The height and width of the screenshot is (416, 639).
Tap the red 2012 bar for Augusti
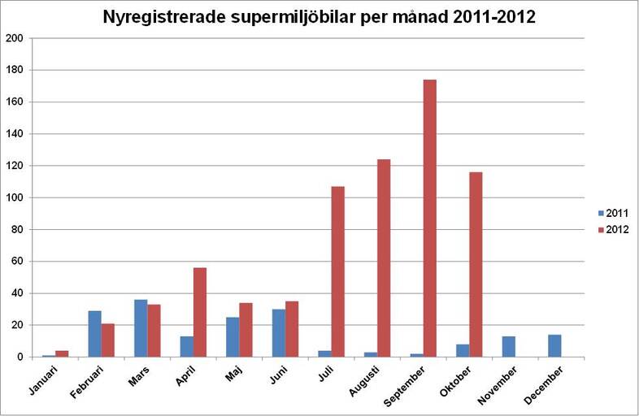(384, 258)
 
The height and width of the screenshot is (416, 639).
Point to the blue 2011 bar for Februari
(94, 334)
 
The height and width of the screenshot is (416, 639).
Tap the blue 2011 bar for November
(509, 346)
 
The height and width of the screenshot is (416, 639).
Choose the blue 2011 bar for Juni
(279, 333)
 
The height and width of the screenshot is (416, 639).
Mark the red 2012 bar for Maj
(246, 330)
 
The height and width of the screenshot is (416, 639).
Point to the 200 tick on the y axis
(14, 38)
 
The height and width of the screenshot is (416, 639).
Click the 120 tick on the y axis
(14, 166)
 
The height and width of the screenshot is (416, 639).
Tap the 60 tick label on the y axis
(16, 262)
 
